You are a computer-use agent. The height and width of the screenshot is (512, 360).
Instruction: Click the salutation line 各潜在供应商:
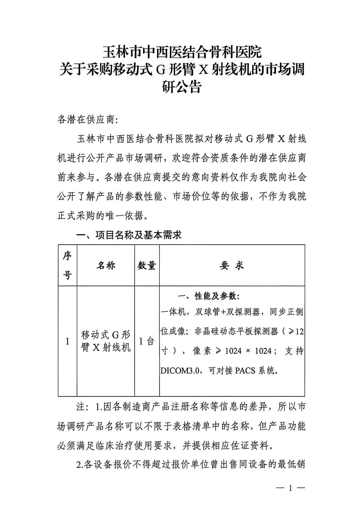pyautogui.click(x=88, y=120)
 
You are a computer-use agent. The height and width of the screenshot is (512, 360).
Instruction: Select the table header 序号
pyautogui.click(x=67, y=266)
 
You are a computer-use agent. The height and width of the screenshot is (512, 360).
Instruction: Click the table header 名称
pyautogui.click(x=106, y=266)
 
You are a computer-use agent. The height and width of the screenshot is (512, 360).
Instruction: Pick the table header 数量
pyautogui.click(x=147, y=266)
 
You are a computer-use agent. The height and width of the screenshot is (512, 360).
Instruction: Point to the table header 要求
pyautogui.click(x=232, y=266)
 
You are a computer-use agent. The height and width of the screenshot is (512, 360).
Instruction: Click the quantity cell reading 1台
pyautogui.click(x=147, y=341)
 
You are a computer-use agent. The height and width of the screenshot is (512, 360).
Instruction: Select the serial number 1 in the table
pyautogui.click(x=67, y=341)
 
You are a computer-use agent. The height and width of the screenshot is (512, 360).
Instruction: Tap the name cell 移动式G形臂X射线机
pyautogui.click(x=106, y=341)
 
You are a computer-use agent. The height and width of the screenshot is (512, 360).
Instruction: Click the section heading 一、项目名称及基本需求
pyautogui.click(x=129, y=235)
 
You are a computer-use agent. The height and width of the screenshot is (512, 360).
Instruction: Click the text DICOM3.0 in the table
pyautogui.click(x=183, y=371)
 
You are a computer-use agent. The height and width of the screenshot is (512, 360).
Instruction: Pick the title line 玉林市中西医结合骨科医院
pyautogui.click(x=181, y=52)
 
